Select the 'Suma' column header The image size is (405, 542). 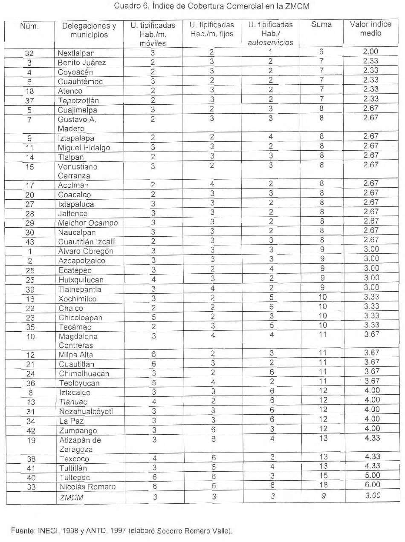(x=321, y=25)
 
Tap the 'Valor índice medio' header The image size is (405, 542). (x=370, y=29)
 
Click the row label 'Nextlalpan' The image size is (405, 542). (x=76, y=53)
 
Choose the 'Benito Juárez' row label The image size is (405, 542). (x=82, y=63)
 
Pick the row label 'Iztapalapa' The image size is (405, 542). (x=76, y=138)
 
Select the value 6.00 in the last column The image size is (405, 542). (x=370, y=486)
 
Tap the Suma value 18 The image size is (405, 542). (x=322, y=486)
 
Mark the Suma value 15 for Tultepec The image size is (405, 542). (x=322, y=477)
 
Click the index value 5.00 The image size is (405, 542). (x=370, y=477)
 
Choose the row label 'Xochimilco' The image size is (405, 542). (x=77, y=299)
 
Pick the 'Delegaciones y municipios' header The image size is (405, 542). (x=89, y=30)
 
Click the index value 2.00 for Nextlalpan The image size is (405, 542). (x=370, y=52)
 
